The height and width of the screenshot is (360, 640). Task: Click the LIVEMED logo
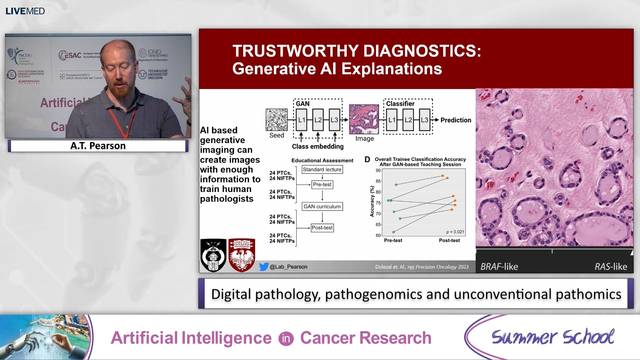(25, 11)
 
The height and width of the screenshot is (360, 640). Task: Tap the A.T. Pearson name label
(98, 146)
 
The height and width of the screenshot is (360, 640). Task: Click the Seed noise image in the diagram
(276, 120)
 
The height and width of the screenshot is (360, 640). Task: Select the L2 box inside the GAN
(318, 120)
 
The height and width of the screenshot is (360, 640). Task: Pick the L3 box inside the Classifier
(424, 120)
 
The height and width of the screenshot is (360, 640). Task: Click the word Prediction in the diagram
(456, 120)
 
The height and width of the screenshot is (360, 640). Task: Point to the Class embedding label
(318, 146)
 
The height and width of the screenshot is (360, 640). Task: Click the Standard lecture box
(322, 169)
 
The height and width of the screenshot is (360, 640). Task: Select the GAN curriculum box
(322, 206)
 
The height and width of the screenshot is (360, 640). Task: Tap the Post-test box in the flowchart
(322, 228)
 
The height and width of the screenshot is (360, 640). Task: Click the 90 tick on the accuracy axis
(378, 170)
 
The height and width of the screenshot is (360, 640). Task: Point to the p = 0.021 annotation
(455, 232)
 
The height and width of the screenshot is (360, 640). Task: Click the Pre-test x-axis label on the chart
(393, 240)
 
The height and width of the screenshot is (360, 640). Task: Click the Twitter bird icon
(264, 267)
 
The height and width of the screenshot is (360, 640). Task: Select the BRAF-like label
(499, 267)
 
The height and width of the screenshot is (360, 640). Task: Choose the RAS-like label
(611, 267)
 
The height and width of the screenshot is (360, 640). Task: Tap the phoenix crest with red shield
(242, 255)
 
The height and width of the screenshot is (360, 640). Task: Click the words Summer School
(553, 337)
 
